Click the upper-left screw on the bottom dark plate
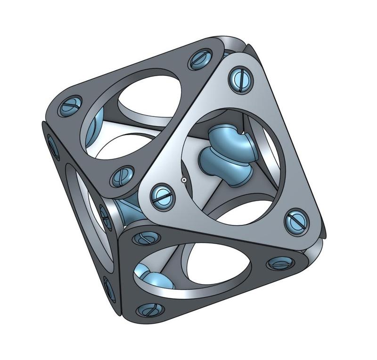(143, 238)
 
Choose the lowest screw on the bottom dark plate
(148, 310)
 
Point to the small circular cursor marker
(184, 180)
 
